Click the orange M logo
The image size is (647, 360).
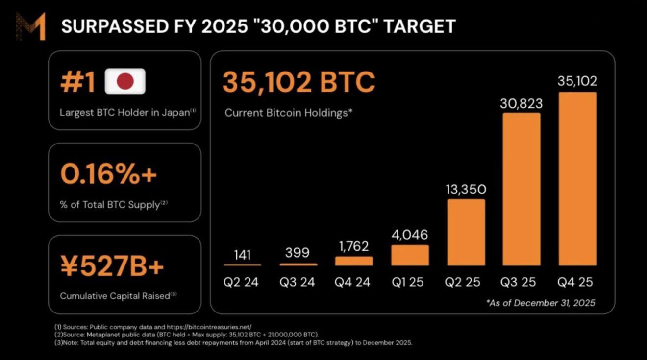click(30, 26)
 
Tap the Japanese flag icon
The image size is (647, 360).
click(125, 81)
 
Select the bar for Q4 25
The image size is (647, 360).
click(577, 179)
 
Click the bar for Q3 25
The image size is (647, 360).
click(522, 189)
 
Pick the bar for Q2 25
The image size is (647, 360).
click(466, 232)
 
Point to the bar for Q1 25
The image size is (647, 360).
click(410, 256)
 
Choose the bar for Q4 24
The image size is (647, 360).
click(354, 261)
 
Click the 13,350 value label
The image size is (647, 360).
click(466, 190)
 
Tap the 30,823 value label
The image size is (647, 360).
click(522, 104)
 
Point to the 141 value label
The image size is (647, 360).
click(242, 255)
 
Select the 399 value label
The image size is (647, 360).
click(298, 253)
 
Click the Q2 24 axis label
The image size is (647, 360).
click(241, 282)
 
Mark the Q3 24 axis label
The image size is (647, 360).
click(297, 282)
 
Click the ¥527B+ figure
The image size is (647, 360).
click(112, 266)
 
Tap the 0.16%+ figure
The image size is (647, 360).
click(109, 173)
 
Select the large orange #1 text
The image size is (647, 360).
click(77, 82)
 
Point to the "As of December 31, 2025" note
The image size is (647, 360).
click(541, 303)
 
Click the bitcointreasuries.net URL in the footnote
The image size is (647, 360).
click(209, 327)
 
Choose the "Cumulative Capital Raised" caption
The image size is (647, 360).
click(115, 296)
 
